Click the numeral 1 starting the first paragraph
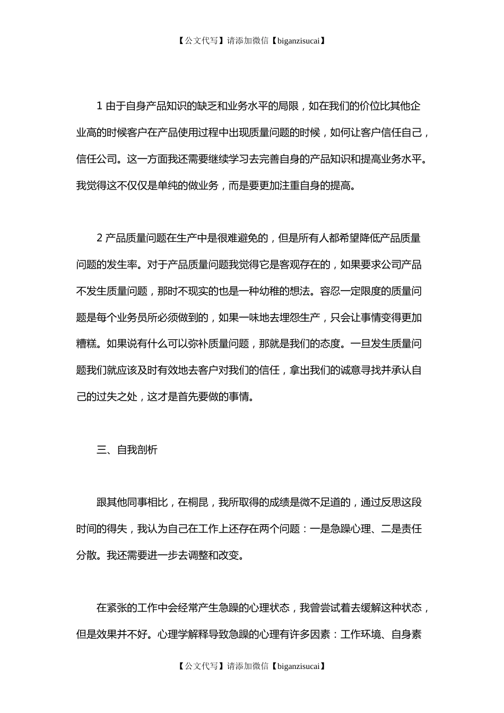point(99,106)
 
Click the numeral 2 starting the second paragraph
point(99,238)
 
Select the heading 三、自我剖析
point(127,450)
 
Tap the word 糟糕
point(86,344)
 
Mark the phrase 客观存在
point(310,265)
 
